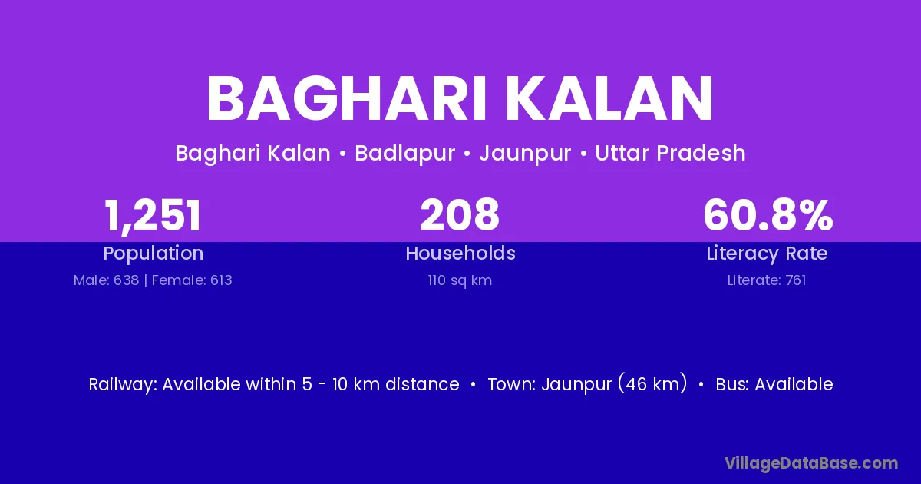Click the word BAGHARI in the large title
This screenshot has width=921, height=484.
347,99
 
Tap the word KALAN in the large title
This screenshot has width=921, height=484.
609,99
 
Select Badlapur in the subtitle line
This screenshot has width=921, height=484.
405,154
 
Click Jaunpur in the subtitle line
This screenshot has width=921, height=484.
525,154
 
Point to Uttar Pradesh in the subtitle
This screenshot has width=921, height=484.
670,153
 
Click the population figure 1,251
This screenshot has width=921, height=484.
153,215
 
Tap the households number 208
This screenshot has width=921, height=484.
460,214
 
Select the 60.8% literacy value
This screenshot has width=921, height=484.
768,214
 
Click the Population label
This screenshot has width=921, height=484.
153,254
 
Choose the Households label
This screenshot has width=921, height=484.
460,253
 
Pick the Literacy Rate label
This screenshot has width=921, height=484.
767,254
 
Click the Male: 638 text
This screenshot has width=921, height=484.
106,280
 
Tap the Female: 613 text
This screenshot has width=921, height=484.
192,280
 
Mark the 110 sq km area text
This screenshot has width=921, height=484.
460,280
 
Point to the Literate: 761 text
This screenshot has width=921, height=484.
767,280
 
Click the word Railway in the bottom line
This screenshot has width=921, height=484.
123,385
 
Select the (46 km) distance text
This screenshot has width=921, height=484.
652,383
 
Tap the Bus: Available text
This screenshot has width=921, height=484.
774,384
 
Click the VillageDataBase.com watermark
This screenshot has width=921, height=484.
811,463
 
